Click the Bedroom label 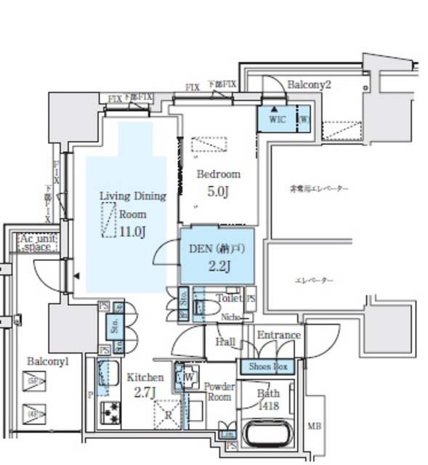click(219, 174)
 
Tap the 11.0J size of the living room click(133, 232)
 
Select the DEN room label click(216, 247)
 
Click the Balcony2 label click(309, 85)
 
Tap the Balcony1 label click(48, 360)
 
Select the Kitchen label click(145, 377)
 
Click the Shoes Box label click(269, 367)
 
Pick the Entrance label click(278, 335)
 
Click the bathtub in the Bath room click(268, 434)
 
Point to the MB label click(315, 426)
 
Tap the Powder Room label click(218, 392)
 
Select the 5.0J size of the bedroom click(219, 193)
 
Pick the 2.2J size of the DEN click(219, 265)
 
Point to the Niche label click(231, 317)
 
